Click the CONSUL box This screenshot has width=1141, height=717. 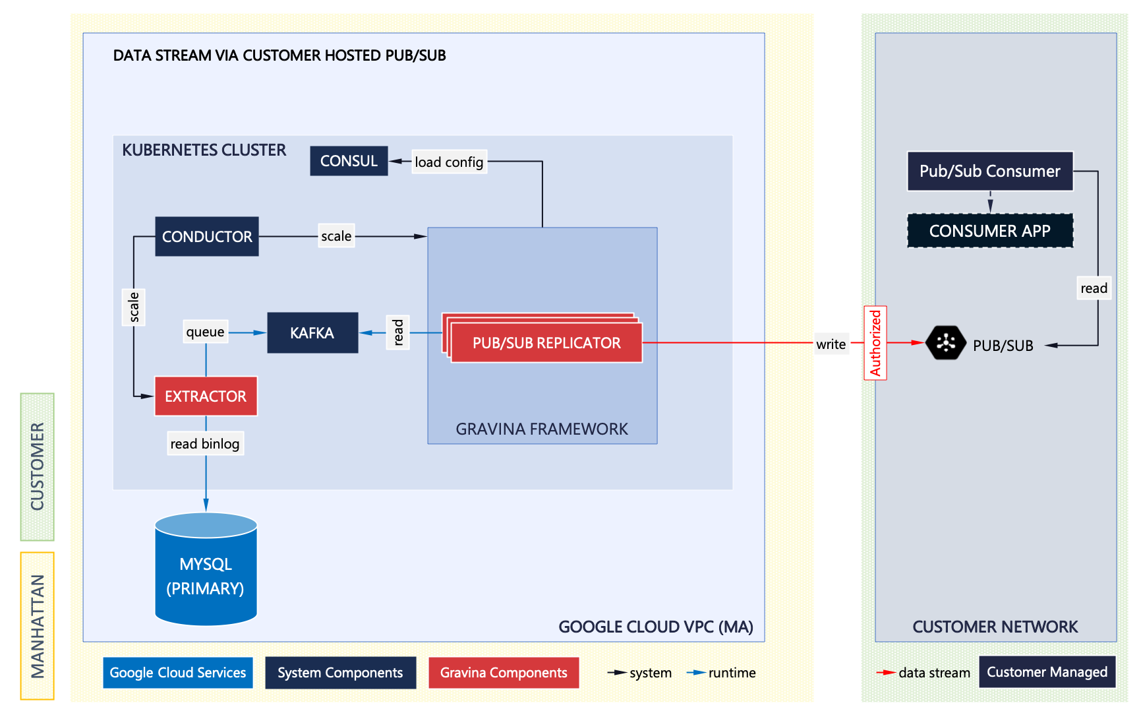(349, 161)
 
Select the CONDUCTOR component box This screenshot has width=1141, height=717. (207, 236)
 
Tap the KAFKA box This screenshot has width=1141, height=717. (312, 333)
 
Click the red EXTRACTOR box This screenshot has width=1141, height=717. (206, 396)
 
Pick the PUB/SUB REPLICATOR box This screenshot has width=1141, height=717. (546, 343)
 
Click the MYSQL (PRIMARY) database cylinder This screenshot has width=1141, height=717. (206, 571)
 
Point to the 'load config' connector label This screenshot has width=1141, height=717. (449, 162)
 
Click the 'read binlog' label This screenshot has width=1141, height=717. (205, 444)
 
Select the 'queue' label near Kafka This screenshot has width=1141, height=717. (205, 332)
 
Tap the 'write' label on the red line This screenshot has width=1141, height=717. (831, 344)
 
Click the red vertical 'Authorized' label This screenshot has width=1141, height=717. (875, 343)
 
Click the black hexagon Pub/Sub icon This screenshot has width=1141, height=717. (946, 342)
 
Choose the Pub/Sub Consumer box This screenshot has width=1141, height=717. (989, 171)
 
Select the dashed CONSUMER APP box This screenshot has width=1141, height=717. (989, 231)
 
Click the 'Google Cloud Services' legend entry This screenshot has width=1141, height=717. (178, 673)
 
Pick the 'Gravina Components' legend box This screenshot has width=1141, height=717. (504, 673)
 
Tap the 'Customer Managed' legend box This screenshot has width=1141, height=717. (1047, 672)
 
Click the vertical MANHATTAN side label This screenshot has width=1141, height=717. (38, 625)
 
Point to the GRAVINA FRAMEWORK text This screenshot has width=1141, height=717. (542, 429)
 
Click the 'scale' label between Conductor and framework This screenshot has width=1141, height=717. (336, 236)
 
